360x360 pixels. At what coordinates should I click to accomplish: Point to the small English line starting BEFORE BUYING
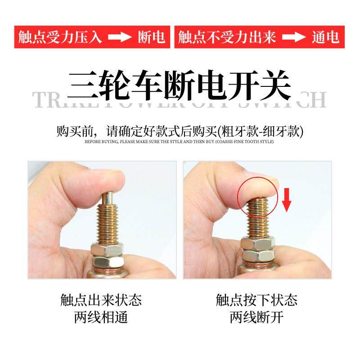tap(179, 142)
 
